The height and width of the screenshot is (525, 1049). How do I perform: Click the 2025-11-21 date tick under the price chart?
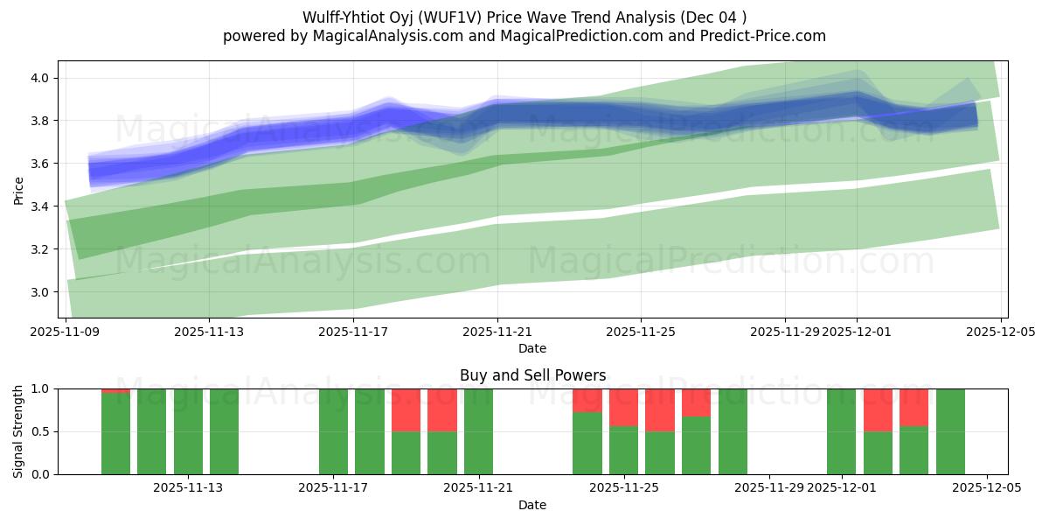point(497,332)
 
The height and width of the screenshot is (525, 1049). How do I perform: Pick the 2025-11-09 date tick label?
point(66,332)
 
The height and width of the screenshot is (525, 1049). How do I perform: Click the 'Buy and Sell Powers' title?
point(532,375)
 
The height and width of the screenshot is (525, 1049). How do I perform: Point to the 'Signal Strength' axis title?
point(18,431)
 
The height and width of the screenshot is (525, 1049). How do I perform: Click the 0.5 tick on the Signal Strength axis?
point(42,431)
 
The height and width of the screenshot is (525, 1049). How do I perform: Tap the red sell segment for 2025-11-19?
point(406,409)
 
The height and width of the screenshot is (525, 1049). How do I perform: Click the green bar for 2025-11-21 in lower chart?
point(478,431)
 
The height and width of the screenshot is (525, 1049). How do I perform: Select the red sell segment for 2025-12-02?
point(878,409)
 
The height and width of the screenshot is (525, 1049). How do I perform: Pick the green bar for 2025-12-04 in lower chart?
point(950,431)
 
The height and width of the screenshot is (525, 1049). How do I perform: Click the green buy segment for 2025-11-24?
point(587,443)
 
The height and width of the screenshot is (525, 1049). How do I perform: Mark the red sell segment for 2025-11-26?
point(660,409)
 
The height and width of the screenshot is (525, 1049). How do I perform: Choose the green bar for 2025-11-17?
point(333,431)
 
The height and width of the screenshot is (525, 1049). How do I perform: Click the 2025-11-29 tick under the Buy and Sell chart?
point(768,487)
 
